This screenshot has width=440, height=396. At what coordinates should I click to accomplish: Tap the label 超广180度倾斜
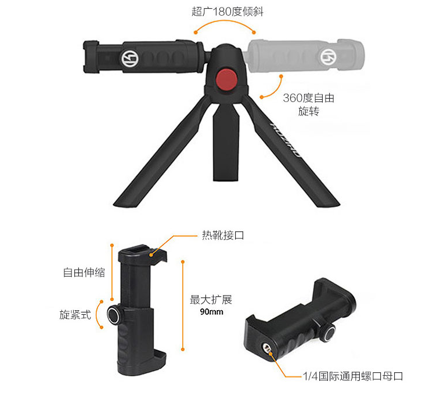[228, 12]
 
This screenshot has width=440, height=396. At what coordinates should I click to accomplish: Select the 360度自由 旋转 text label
[309, 104]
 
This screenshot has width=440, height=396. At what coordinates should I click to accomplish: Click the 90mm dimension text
[211, 312]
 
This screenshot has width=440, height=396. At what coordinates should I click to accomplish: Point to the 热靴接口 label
[223, 235]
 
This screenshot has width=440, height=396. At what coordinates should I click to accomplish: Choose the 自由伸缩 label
[84, 273]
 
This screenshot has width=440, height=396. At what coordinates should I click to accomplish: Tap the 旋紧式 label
[75, 315]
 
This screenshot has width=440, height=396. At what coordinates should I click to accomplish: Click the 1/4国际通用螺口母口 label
[353, 376]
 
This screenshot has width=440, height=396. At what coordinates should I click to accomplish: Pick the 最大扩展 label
[211, 300]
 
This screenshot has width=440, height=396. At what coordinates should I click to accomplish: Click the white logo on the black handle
[129, 59]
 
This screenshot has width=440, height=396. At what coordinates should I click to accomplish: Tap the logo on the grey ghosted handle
[329, 57]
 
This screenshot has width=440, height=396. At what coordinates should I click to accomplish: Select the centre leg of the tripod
[226, 143]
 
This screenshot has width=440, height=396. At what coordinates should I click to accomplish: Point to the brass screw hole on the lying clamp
[266, 348]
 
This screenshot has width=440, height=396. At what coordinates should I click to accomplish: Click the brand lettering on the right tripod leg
[285, 140]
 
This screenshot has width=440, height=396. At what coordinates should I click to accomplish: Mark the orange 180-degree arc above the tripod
[225, 21]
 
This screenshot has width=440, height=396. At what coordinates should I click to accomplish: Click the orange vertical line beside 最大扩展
[183, 306]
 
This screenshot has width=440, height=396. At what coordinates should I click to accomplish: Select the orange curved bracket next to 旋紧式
[97, 314]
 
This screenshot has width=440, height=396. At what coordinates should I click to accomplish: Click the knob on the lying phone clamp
[328, 332]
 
